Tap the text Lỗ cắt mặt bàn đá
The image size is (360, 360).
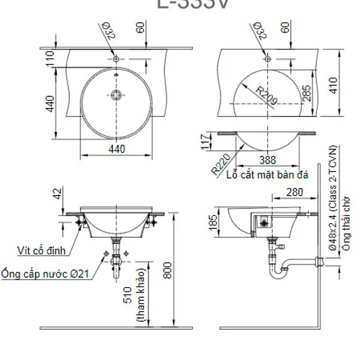click(264, 175)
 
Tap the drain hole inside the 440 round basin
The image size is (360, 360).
click(115, 94)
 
